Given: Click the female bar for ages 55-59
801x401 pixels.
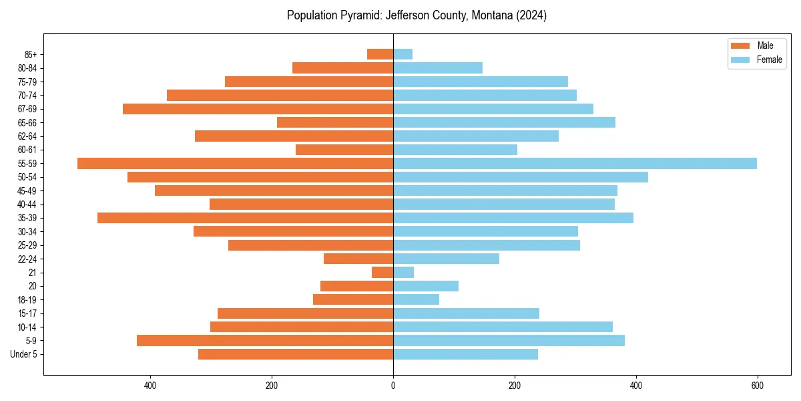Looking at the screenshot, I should [575, 164].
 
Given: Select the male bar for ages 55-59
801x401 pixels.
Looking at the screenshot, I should [235, 164].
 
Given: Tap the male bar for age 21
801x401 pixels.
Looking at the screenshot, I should [382, 273].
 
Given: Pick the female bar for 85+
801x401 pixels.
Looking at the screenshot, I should [403, 54].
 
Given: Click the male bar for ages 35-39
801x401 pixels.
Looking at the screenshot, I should [245, 218].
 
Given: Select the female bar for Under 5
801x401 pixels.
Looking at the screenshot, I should [465, 354].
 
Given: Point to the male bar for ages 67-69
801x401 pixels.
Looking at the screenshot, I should [258, 109].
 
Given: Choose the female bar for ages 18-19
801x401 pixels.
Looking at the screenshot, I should [416, 299].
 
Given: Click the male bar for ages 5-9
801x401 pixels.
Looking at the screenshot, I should [265, 341].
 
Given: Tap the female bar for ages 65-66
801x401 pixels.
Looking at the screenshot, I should [504, 122].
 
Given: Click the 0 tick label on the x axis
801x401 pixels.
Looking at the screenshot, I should [393, 386].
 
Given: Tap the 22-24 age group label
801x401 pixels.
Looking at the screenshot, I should [27, 259].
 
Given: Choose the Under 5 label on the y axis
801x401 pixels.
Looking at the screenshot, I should [24, 354].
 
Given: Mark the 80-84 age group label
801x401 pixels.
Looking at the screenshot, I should [27, 68].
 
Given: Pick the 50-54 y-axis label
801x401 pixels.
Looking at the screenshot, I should [27, 177].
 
